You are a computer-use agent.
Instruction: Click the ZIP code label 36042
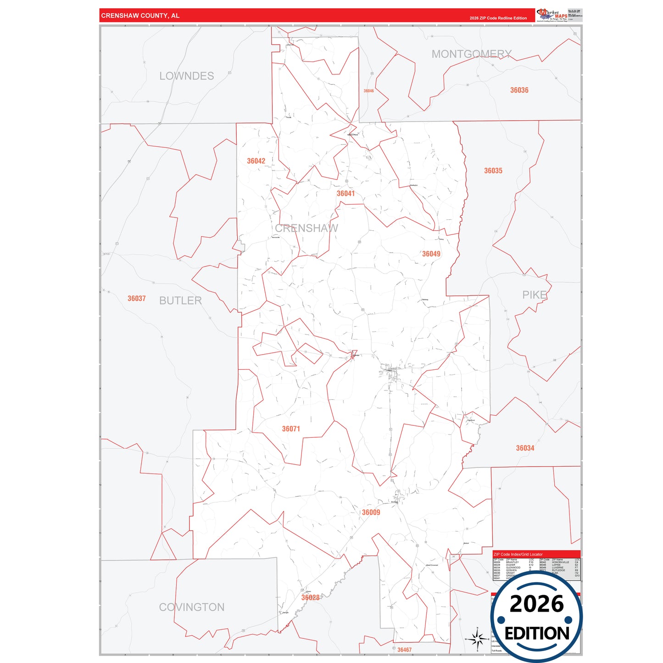(256, 161)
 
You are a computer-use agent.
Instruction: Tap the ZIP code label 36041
(345, 194)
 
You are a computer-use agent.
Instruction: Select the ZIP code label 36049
(431, 254)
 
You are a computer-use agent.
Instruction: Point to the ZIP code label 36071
(291, 429)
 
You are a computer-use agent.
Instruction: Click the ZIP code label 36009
(371, 513)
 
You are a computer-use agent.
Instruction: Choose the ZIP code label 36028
(310, 597)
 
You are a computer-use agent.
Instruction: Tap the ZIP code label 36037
(136, 299)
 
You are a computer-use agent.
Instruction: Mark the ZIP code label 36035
(493, 171)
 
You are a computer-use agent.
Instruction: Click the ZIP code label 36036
(519, 90)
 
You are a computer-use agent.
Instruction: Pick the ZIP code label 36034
(525, 448)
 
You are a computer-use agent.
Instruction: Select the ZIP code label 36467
(404, 650)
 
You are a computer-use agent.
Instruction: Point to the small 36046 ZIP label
(368, 91)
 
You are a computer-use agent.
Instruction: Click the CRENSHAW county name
(306, 228)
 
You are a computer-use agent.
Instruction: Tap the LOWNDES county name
(186, 76)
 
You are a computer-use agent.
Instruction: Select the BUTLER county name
(180, 301)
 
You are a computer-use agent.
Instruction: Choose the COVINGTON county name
(192, 607)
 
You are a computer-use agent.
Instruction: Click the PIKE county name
(535, 295)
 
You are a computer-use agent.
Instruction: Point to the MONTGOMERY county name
(471, 54)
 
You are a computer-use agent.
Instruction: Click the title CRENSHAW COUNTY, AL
(140, 16)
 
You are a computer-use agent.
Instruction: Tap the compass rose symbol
(477, 638)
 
